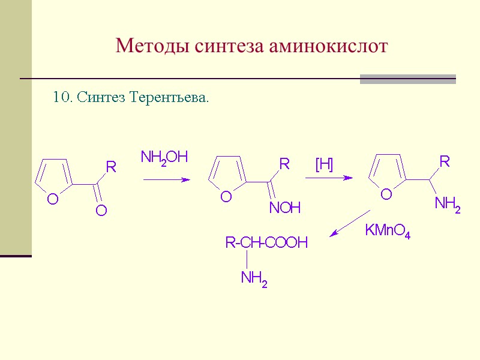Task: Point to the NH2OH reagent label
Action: [164, 158]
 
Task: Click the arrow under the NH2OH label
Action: [166, 179]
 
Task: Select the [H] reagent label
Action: [324, 164]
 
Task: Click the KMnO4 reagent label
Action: [388, 230]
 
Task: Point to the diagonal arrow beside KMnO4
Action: [350, 223]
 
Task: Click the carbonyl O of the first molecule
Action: [101, 210]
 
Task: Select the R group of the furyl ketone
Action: [110, 167]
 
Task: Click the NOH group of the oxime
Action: [284, 208]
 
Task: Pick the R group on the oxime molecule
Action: [284, 164]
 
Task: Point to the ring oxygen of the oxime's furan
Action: [226, 197]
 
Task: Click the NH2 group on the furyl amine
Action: [448, 205]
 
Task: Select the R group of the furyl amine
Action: [445, 161]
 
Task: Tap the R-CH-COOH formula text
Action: [266, 243]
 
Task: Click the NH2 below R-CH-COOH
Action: [254, 278]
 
